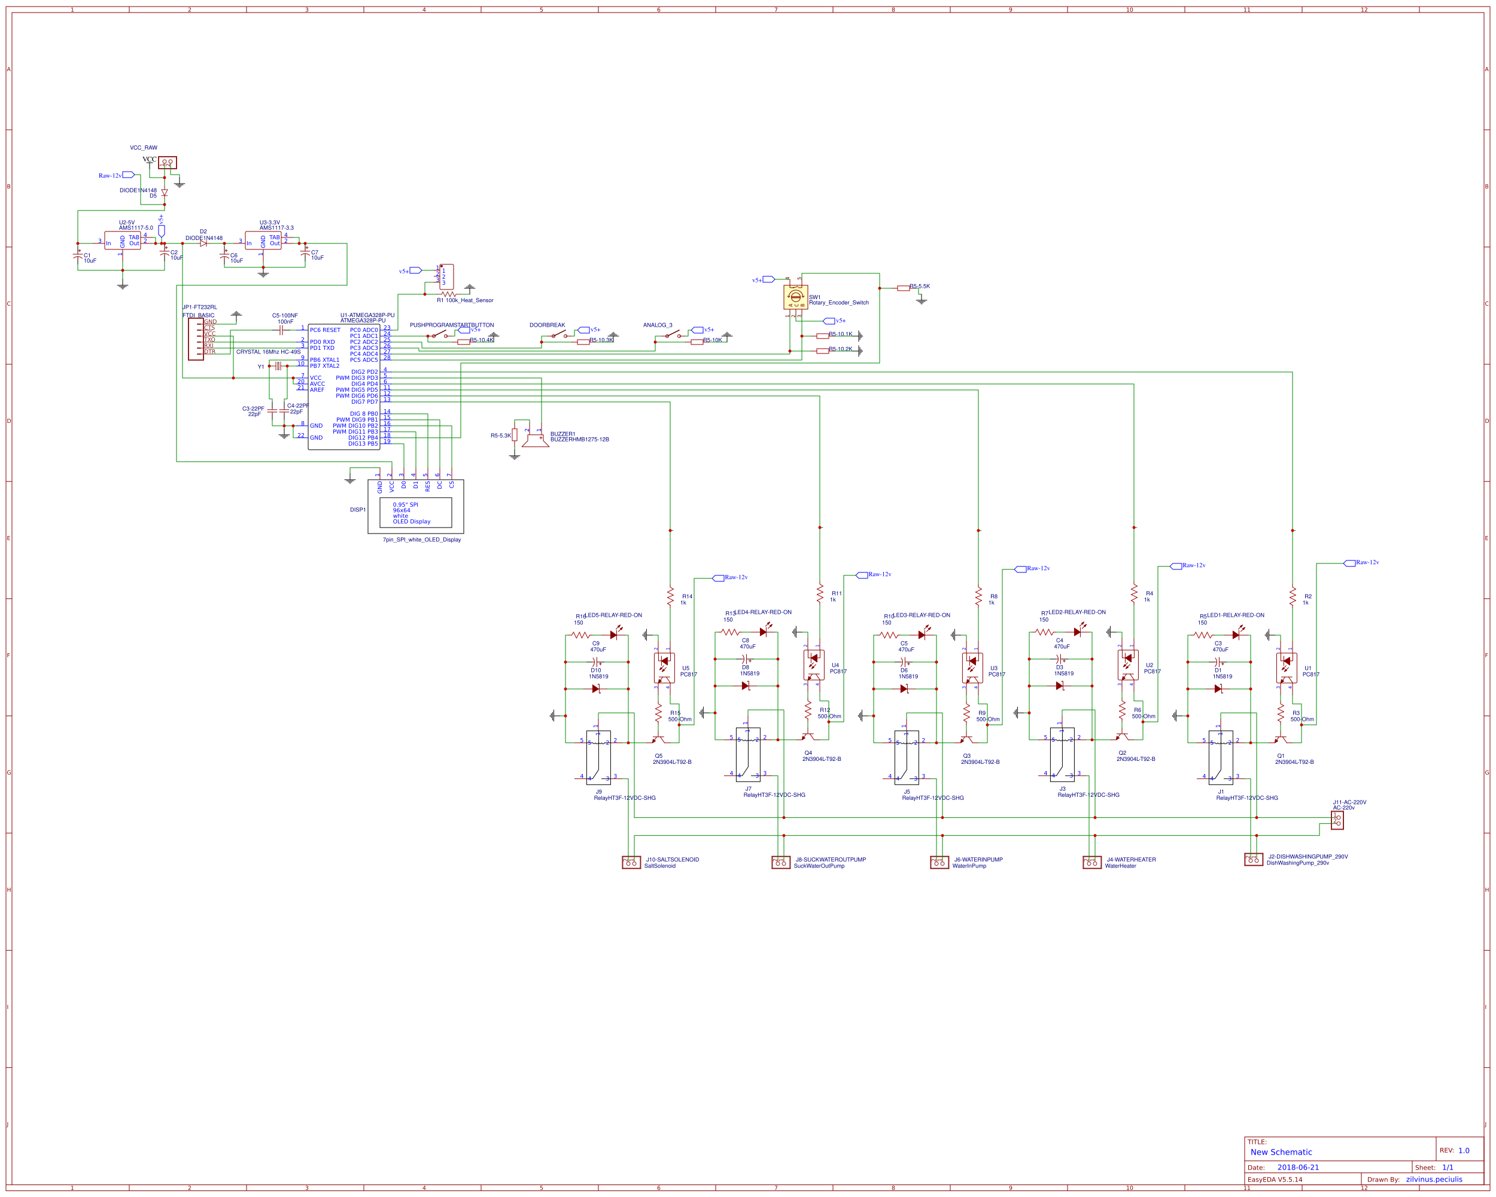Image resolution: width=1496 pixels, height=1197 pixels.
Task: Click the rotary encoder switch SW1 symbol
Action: (795, 297)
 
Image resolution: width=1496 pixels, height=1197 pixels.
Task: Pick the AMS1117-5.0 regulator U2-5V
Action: (123, 240)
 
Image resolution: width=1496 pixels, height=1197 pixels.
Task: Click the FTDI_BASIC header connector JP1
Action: (196, 339)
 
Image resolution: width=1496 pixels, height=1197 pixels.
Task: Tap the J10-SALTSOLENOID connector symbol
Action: (631, 862)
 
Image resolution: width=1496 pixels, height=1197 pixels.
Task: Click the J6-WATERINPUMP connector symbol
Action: (939, 862)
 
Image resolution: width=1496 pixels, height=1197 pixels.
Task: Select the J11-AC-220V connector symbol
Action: (1337, 820)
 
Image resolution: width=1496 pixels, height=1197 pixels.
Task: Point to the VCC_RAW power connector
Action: (167, 162)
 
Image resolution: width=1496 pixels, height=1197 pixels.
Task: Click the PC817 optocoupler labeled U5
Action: (664, 667)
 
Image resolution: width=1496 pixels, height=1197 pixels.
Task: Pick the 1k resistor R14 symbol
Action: (670, 596)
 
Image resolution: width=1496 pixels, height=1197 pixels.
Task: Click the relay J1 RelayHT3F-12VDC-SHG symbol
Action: (1221, 757)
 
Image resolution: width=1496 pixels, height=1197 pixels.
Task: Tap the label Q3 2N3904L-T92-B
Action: (980, 759)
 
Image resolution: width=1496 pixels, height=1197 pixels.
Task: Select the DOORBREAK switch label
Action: (547, 325)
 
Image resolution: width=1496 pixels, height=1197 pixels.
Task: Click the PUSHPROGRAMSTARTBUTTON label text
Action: (452, 325)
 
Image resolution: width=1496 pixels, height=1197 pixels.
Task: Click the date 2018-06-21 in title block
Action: (1297, 1167)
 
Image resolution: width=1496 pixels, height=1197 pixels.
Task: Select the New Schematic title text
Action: (1281, 1152)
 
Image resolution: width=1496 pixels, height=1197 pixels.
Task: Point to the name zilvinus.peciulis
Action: (1434, 1179)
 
